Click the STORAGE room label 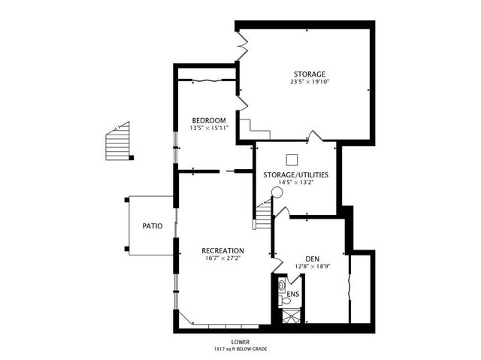[x=310, y=74]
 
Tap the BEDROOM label [x=208, y=120]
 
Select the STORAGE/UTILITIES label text [x=295, y=174]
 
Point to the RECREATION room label [x=222, y=250]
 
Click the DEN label [x=313, y=258]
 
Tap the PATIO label [x=154, y=225]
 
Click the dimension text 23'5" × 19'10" [x=310, y=82]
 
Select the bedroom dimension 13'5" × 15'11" [x=208, y=128]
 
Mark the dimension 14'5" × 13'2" [x=295, y=182]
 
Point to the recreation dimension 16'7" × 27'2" [x=222, y=258]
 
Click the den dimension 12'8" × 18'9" [x=313, y=265]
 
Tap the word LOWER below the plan [x=240, y=342]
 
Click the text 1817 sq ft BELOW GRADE [x=240, y=349]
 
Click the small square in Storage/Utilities [x=292, y=159]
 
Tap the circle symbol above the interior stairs [x=277, y=192]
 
